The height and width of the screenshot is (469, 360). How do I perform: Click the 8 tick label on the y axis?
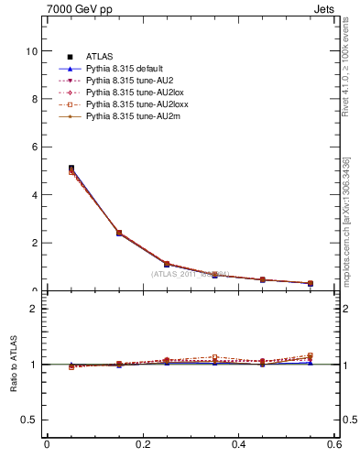[x=34, y=99]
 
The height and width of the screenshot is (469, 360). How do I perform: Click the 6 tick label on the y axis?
[x=34, y=147]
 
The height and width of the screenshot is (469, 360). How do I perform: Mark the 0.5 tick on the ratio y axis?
[x=28, y=420]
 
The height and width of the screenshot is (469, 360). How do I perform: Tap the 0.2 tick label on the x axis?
[x=142, y=445]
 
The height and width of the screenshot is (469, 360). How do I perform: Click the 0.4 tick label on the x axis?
[x=238, y=445]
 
